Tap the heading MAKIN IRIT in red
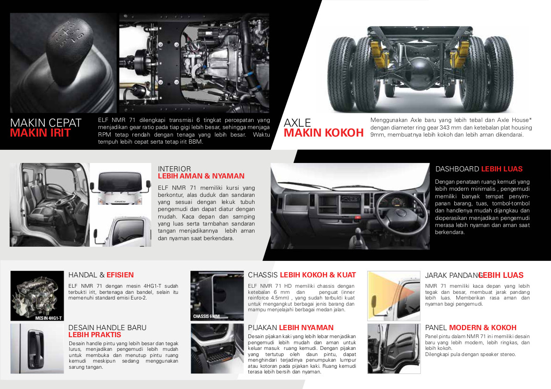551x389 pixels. (x=41, y=133)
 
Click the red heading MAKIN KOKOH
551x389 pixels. (x=324, y=133)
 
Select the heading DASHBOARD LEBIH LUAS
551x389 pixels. (x=479, y=169)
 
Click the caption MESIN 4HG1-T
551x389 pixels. (x=49, y=318)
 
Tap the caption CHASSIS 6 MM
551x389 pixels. (x=206, y=316)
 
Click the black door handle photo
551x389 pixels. (x=37, y=348)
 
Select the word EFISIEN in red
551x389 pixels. (x=120, y=275)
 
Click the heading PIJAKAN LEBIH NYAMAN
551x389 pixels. (x=291, y=328)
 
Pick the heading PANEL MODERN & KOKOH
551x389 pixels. (x=471, y=328)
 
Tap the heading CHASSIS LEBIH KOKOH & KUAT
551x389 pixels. (x=302, y=275)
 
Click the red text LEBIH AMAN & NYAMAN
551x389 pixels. (x=201, y=176)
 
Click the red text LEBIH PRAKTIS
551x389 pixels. (x=95, y=335)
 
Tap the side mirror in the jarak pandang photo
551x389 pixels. (x=374, y=303)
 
